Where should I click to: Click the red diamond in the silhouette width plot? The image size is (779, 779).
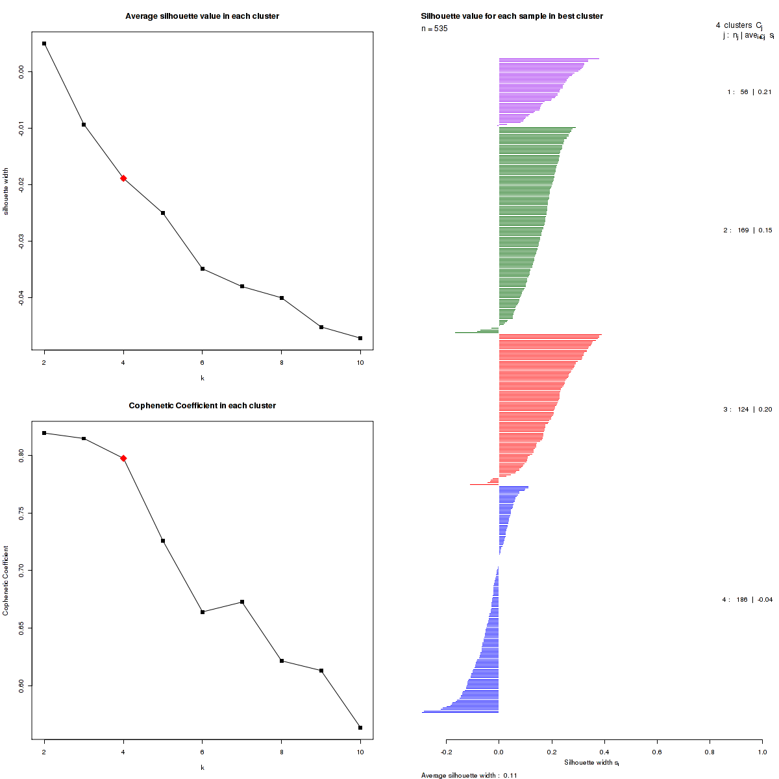(x=123, y=178)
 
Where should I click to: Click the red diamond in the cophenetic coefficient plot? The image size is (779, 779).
(x=123, y=458)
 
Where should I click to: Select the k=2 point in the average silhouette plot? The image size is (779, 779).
(x=44, y=43)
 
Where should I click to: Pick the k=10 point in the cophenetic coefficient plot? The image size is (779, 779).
(x=360, y=728)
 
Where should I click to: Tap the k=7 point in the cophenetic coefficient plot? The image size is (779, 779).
(x=242, y=602)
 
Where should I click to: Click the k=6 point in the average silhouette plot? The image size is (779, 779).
(x=203, y=269)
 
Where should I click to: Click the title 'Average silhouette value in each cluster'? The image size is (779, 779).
(x=202, y=16)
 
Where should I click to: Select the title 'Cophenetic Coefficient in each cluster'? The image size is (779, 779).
(x=202, y=406)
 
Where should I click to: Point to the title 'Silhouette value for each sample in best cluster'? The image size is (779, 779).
(x=512, y=16)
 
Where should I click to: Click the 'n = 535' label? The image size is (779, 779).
(x=434, y=29)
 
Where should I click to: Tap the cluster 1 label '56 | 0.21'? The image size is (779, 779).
(x=749, y=92)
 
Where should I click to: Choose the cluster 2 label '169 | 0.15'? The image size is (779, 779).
(x=747, y=230)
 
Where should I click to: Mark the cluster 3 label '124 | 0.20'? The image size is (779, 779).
(x=747, y=410)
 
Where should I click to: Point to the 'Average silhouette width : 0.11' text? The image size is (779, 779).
(x=469, y=775)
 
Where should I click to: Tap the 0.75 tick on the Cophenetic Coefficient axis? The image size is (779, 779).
(x=21, y=513)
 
